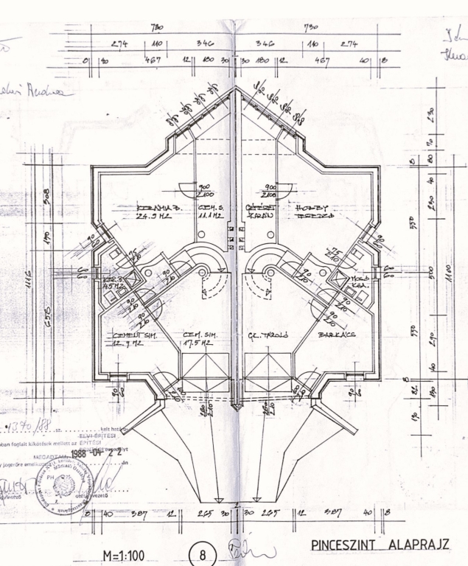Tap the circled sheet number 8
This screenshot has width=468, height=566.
(x=202, y=553)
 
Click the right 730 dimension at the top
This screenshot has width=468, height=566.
(x=310, y=27)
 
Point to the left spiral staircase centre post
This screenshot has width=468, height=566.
(x=200, y=273)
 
